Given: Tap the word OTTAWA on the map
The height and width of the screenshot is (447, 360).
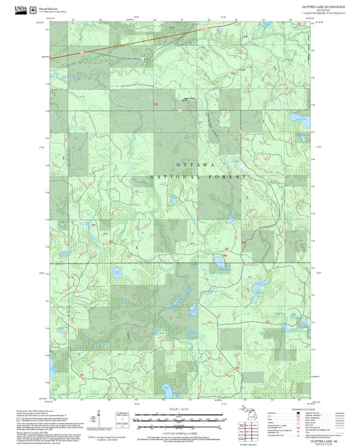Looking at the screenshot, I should click(x=195, y=165).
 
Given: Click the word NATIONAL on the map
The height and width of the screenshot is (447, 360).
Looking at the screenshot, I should click(x=171, y=177).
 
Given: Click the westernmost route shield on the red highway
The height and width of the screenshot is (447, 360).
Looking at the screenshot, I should click(x=80, y=51).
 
